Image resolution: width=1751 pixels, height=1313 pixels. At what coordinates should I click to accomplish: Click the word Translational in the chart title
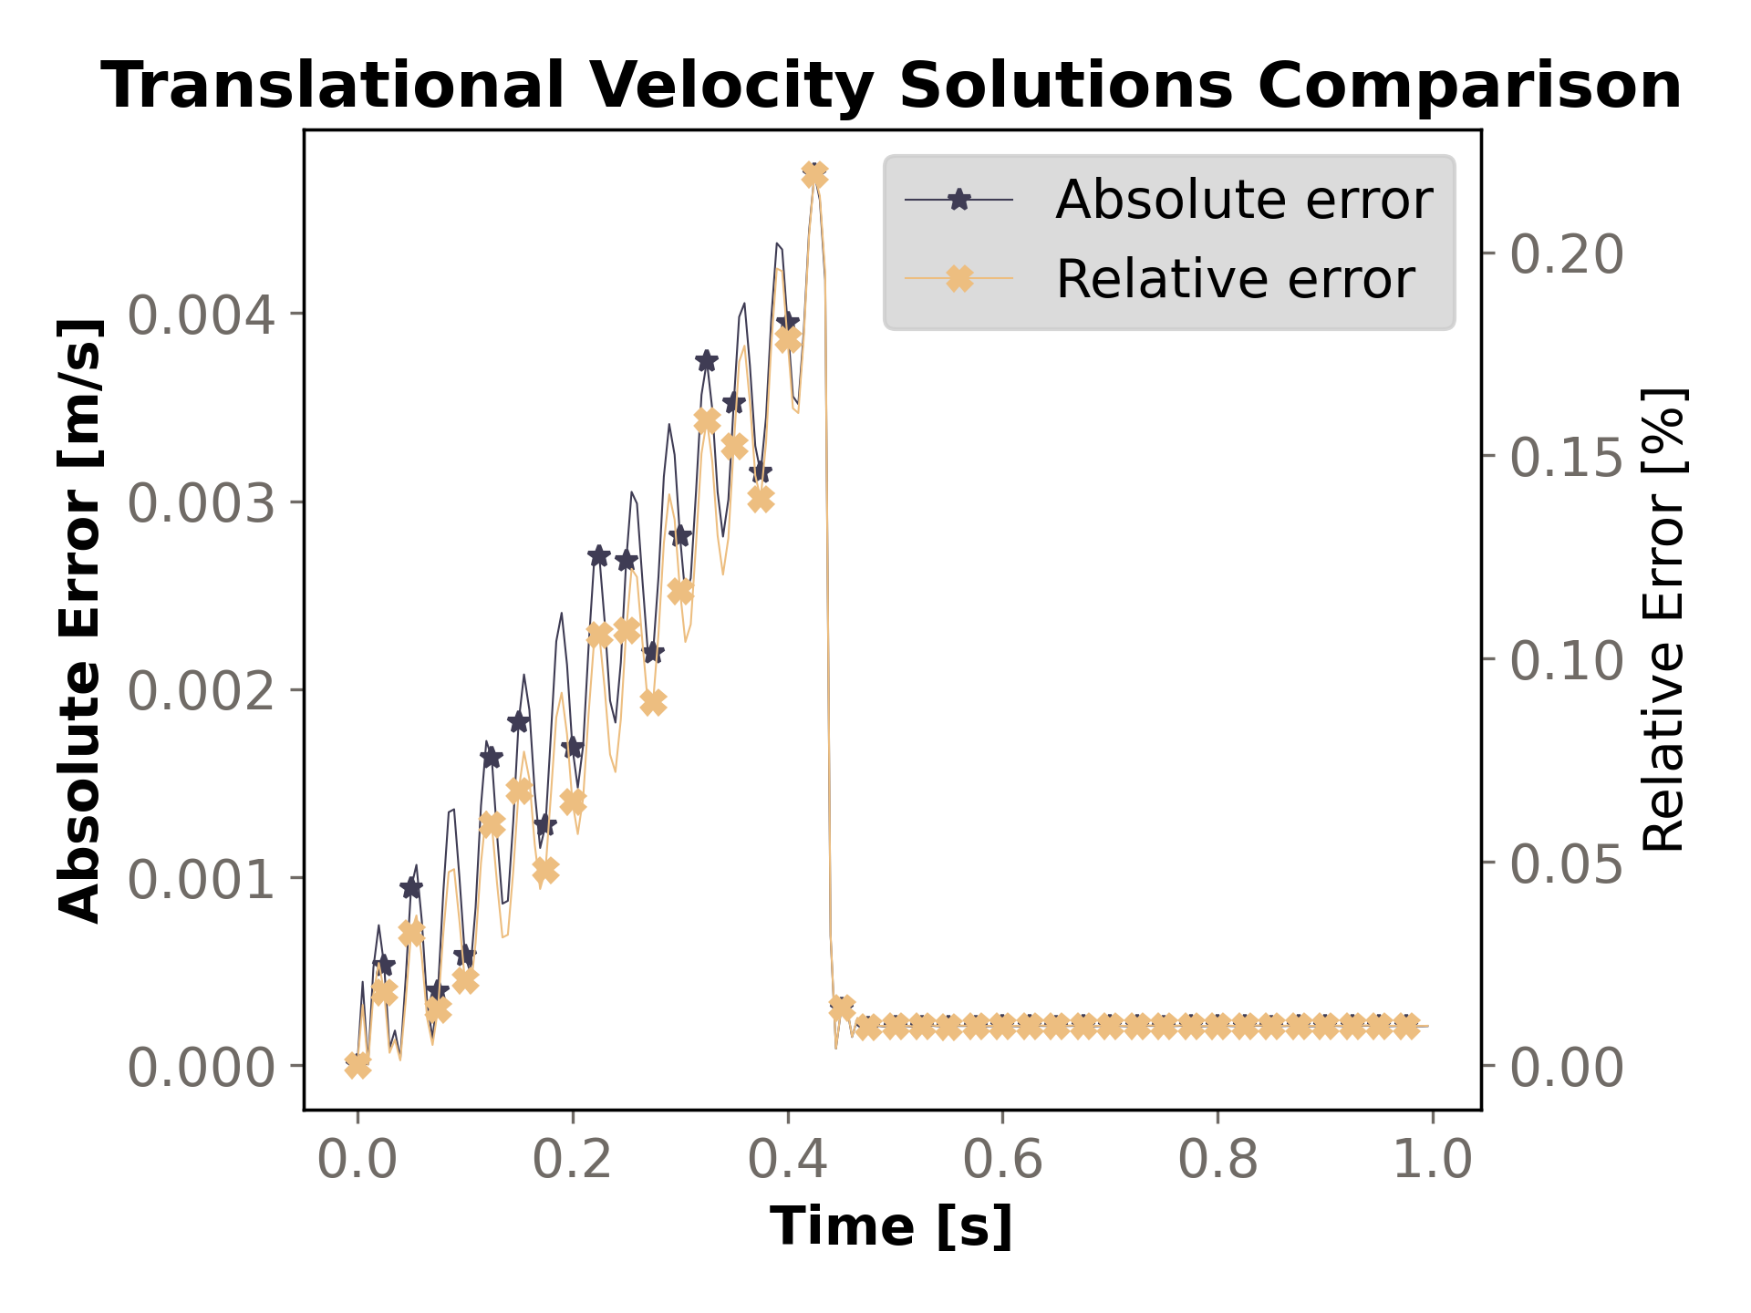tap(333, 87)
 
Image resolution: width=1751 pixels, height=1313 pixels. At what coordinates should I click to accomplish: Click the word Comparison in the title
tap(1469, 87)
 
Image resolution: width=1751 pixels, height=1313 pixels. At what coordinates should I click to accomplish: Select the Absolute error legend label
tap(1243, 200)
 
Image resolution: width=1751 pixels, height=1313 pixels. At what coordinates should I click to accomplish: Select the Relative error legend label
tap(1235, 279)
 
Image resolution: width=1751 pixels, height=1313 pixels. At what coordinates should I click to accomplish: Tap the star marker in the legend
tap(958, 200)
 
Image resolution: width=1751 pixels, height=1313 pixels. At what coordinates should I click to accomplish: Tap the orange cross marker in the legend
tap(958, 278)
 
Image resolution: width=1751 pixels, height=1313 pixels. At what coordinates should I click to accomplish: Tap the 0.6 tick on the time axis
tap(1002, 1161)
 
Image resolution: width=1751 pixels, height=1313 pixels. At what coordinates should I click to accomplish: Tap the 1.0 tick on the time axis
tap(1432, 1161)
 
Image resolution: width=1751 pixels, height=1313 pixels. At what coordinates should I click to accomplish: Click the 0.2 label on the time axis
tap(572, 1161)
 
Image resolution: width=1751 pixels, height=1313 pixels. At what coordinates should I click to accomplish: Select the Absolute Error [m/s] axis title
tap(80, 620)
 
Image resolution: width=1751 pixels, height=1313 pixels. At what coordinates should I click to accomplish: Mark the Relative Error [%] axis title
tap(1663, 620)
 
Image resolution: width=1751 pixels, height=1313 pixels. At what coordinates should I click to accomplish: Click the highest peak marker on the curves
tap(814, 174)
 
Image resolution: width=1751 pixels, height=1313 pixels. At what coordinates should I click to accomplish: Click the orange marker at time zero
tap(357, 1064)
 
